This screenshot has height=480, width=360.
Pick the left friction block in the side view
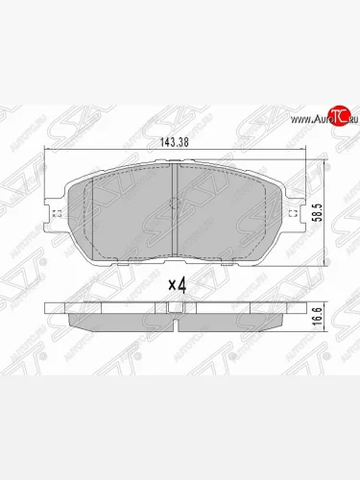coord(115,316)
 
